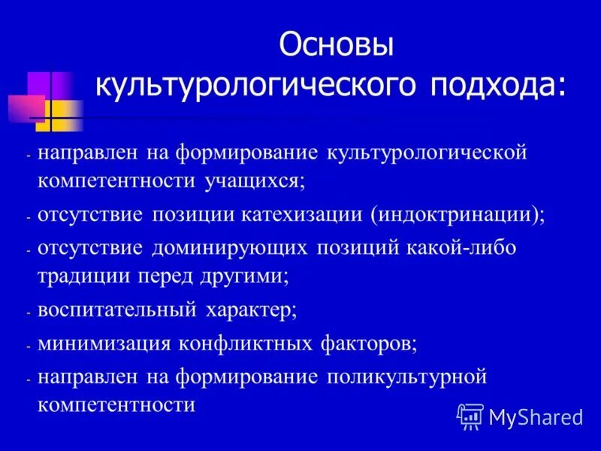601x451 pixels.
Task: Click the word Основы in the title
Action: (337, 45)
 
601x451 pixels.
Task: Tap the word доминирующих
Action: (228, 248)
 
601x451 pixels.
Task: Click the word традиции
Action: (83, 276)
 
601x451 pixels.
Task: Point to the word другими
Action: (242, 276)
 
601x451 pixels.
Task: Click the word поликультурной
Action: (406, 377)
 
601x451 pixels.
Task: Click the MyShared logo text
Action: (535, 416)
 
